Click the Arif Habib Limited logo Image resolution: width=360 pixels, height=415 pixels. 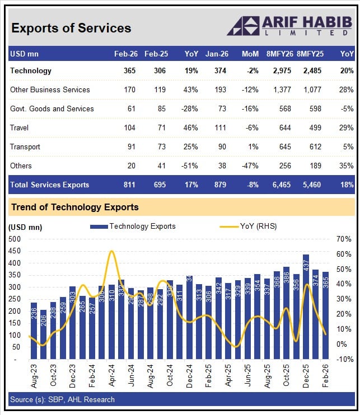290,26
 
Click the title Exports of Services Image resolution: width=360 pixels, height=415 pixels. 71,28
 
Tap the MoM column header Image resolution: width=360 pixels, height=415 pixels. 250,54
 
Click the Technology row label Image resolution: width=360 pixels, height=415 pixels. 31,70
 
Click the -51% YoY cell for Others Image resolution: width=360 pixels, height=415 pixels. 190,166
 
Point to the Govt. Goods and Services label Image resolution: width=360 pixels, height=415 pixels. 52,109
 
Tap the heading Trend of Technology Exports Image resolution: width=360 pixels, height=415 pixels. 75,207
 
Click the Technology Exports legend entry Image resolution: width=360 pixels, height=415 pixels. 133,227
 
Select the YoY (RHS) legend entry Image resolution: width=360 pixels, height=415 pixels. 246,227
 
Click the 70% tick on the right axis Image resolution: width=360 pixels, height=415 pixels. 343,239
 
